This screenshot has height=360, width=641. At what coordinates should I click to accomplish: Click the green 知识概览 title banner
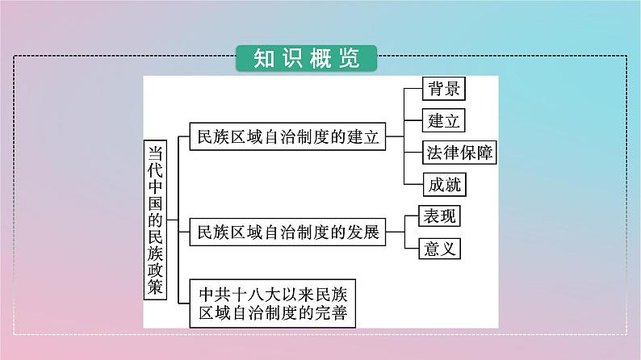pyautogui.click(x=306, y=58)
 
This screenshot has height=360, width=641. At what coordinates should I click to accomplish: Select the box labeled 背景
pyautogui.click(x=444, y=88)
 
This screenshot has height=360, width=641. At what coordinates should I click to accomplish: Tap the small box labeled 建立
pyautogui.click(x=443, y=120)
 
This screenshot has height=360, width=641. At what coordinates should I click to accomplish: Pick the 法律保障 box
pyautogui.click(x=459, y=153)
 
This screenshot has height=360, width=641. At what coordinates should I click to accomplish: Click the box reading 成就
pyautogui.click(x=444, y=184)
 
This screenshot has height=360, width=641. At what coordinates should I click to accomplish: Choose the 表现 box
pyautogui.click(x=439, y=216)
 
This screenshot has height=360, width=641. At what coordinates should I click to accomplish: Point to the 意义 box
pyautogui.click(x=439, y=249)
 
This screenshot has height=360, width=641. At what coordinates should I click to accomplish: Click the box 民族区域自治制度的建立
pyautogui.click(x=287, y=136)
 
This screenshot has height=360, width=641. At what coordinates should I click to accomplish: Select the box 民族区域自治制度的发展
pyautogui.click(x=287, y=232)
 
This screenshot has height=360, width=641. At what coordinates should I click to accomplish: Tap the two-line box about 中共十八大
pyautogui.click(x=273, y=303)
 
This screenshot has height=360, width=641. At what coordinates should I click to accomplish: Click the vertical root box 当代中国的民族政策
pyautogui.click(x=155, y=220)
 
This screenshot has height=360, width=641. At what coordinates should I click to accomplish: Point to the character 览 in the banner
pyautogui.click(x=349, y=58)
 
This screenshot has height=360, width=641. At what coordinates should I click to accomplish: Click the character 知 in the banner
pyautogui.click(x=264, y=58)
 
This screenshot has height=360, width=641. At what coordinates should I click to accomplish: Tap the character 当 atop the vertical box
pyautogui.click(x=155, y=153)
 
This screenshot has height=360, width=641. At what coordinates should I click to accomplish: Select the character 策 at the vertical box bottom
pyautogui.click(x=155, y=287)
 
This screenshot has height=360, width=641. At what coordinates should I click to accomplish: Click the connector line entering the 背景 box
pyautogui.click(x=413, y=88)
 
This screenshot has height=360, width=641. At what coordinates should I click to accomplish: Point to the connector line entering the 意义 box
pyautogui.click(x=412, y=249)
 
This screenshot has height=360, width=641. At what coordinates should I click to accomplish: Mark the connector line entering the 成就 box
pyautogui.click(x=413, y=184)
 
